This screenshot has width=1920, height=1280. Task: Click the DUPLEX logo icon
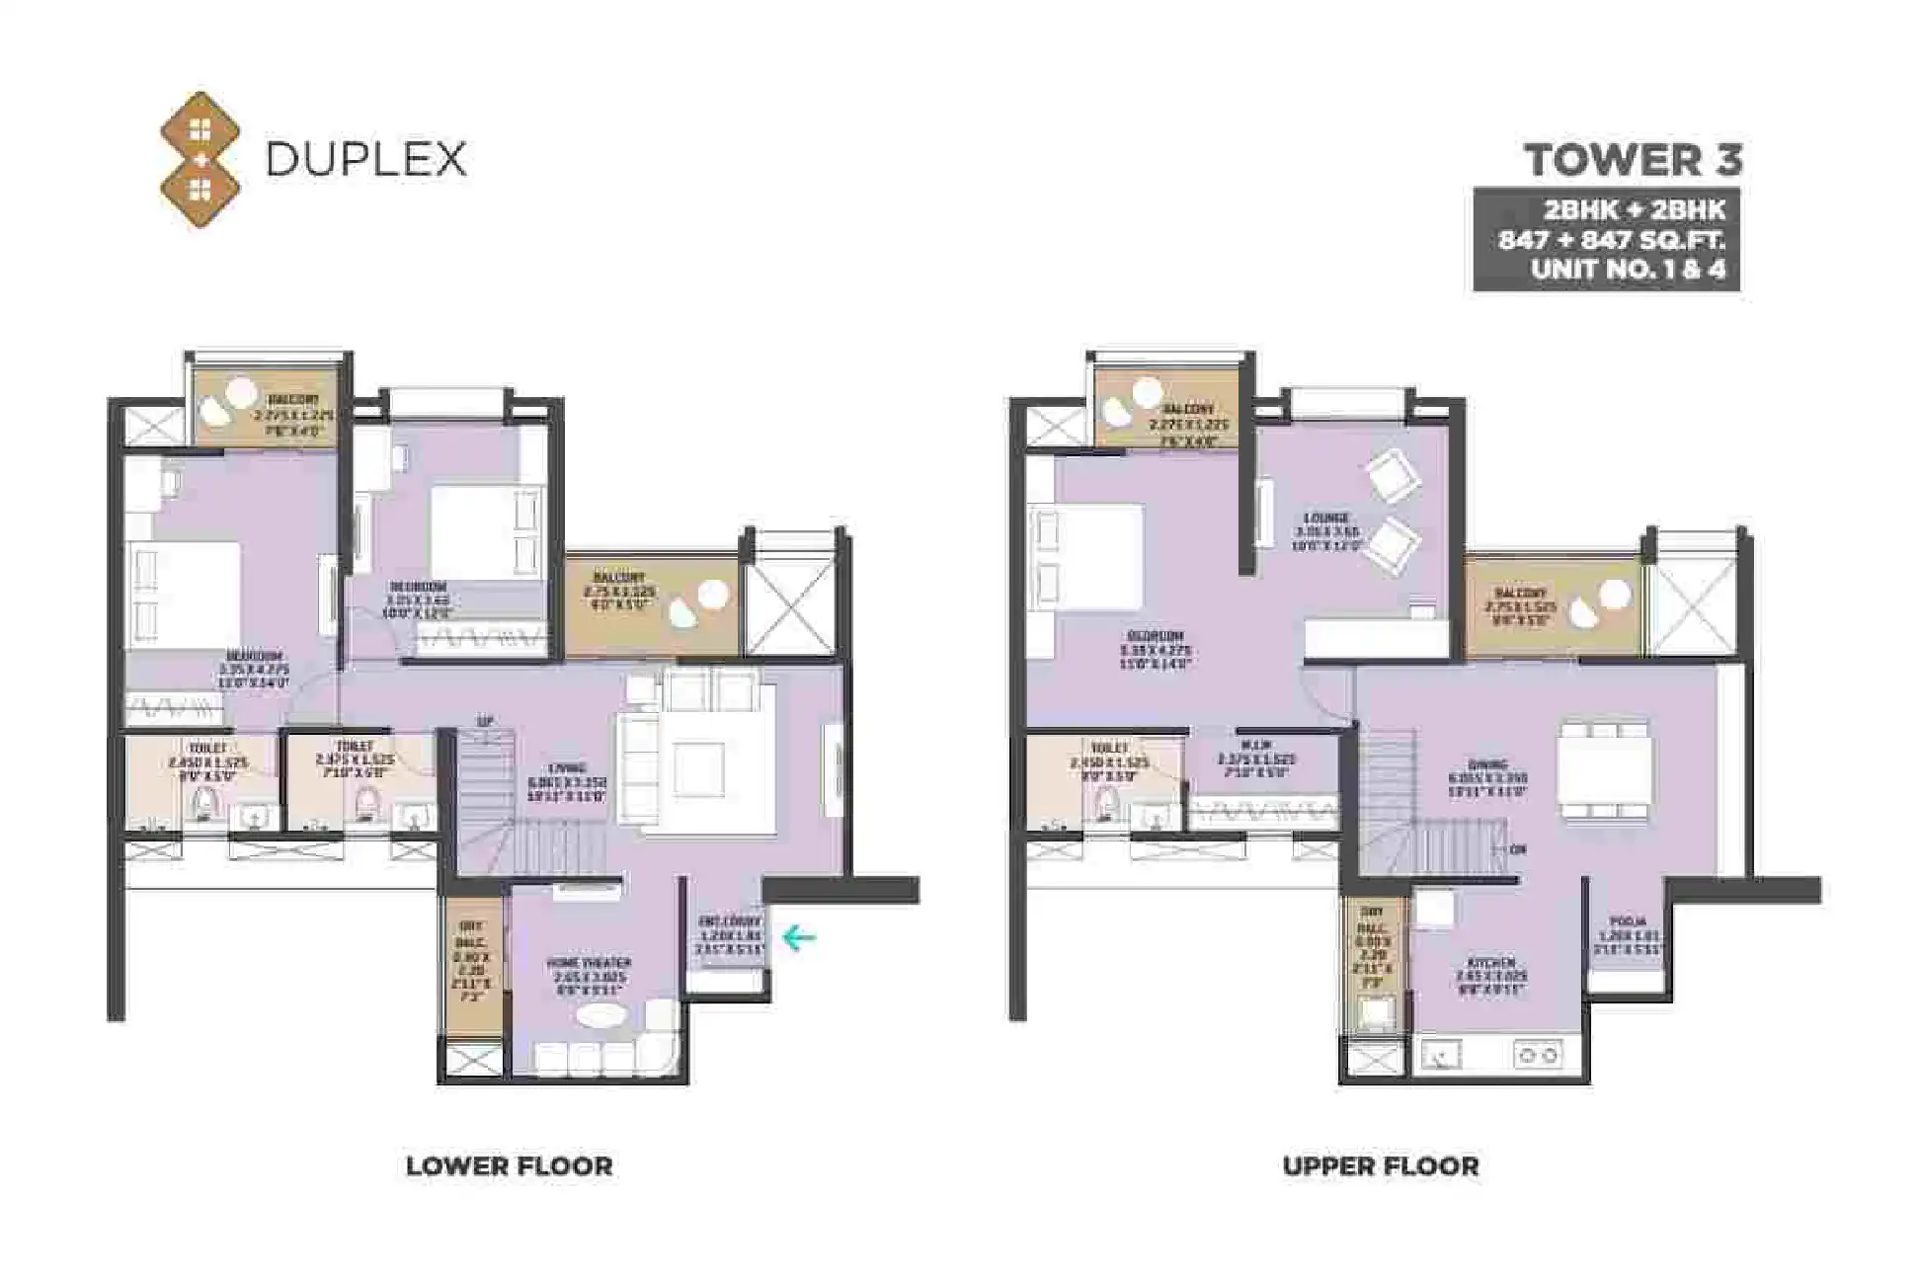coord(200,159)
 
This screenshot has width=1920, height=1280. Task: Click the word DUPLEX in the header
coord(365,159)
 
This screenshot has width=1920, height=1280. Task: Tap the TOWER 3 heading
coord(1633,160)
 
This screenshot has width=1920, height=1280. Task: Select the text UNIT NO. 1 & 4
coord(1628,270)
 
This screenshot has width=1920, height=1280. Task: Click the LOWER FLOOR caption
coord(509,1165)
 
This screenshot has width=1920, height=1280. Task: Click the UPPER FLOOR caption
coord(1380,1165)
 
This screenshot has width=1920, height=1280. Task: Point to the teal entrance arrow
coord(799,936)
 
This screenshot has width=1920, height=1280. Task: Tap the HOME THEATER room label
coord(590,962)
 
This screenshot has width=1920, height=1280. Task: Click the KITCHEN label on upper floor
coord(1490,962)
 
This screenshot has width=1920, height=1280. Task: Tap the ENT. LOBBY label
coord(730,921)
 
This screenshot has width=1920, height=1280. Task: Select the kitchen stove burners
coord(1537,1056)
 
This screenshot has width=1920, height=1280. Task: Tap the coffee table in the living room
coord(698,768)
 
